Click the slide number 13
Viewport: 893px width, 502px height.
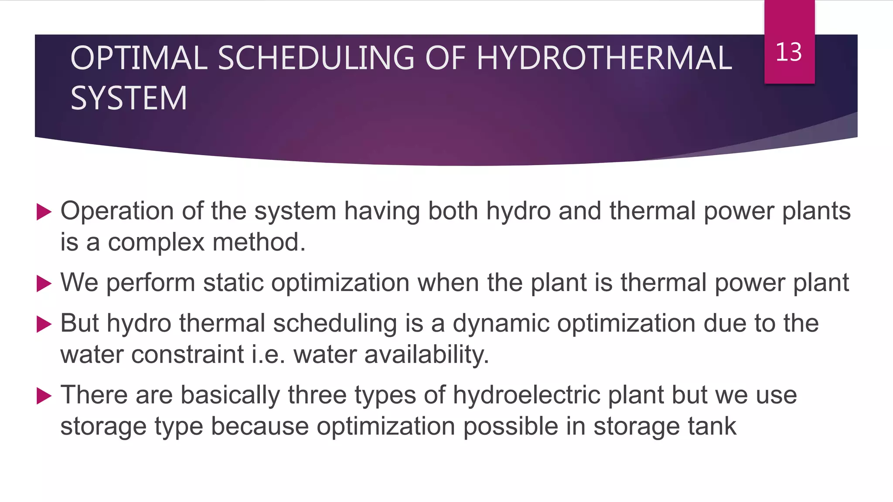(x=789, y=52)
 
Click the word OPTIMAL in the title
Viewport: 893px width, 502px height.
(x=139, y=58)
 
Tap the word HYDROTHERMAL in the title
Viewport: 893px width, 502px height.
(x=604, y=58)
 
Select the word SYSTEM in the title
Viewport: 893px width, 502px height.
(x=129, y=98)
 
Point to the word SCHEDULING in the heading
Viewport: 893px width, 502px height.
(x=316, y=58)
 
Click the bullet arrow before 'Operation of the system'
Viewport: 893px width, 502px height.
(x=44, y=212)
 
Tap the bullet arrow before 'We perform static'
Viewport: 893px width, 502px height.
(x=44, y=284)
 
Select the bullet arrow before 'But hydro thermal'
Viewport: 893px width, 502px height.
(x=44, y=324)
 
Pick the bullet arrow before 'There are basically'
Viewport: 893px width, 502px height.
(x=44, y=396)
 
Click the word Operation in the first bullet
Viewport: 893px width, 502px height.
(x=117, y=211)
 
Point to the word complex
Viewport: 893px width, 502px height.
(x=156, y=242)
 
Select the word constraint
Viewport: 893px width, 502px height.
(x=187, y=354)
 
